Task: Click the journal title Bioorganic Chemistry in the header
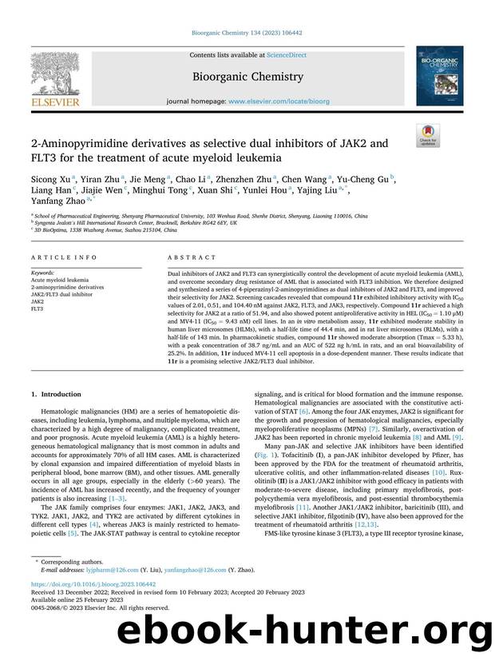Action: pyautogui.click(x=247, y=77)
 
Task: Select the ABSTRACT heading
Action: pyautogui.click(x=192, y=257)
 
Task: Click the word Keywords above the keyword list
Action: pyautogui.click(x=43, y=273)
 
